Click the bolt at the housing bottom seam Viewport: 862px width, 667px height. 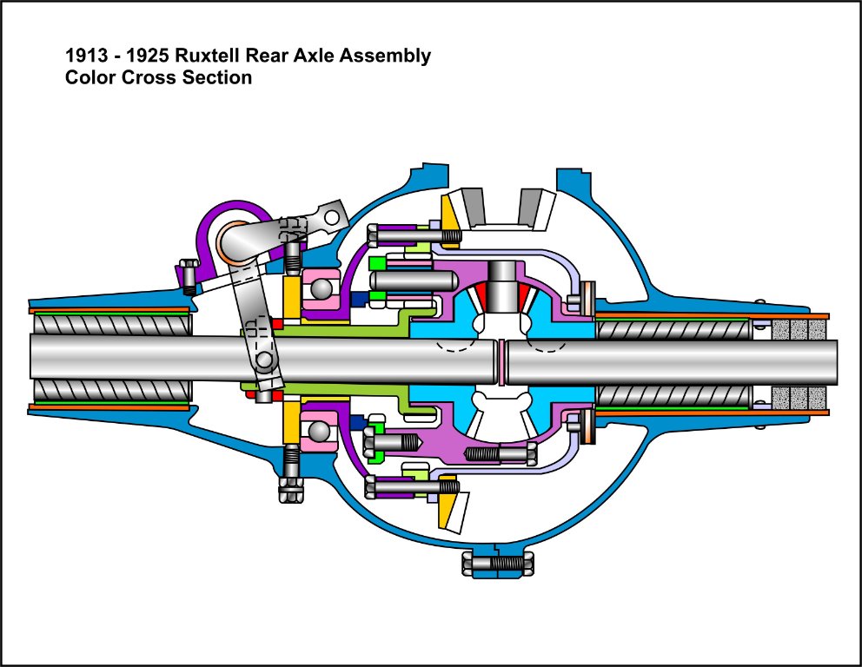pos(498,565)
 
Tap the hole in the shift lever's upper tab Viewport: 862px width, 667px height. pos(329,215)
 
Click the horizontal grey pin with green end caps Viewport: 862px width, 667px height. pos(412,281)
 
